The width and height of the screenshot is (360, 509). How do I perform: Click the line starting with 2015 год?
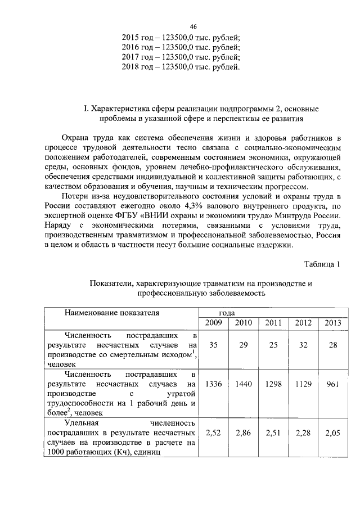pyautogui.click(x=181, y=37)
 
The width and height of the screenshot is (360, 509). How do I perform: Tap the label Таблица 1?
pyautogui.click(x=322, y=264)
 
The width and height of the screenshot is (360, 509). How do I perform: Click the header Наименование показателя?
pyautogui.click(x=111, y=312)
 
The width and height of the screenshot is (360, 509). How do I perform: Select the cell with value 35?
pyautogui.click(x=213, y=345)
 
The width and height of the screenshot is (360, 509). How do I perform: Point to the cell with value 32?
pyautogui.click(x=303, y=345)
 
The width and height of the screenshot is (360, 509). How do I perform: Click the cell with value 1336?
pyautogui.click(x=213, y=384)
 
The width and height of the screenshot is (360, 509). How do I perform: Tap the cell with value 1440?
pyautogui.click(x=243, y=384)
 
